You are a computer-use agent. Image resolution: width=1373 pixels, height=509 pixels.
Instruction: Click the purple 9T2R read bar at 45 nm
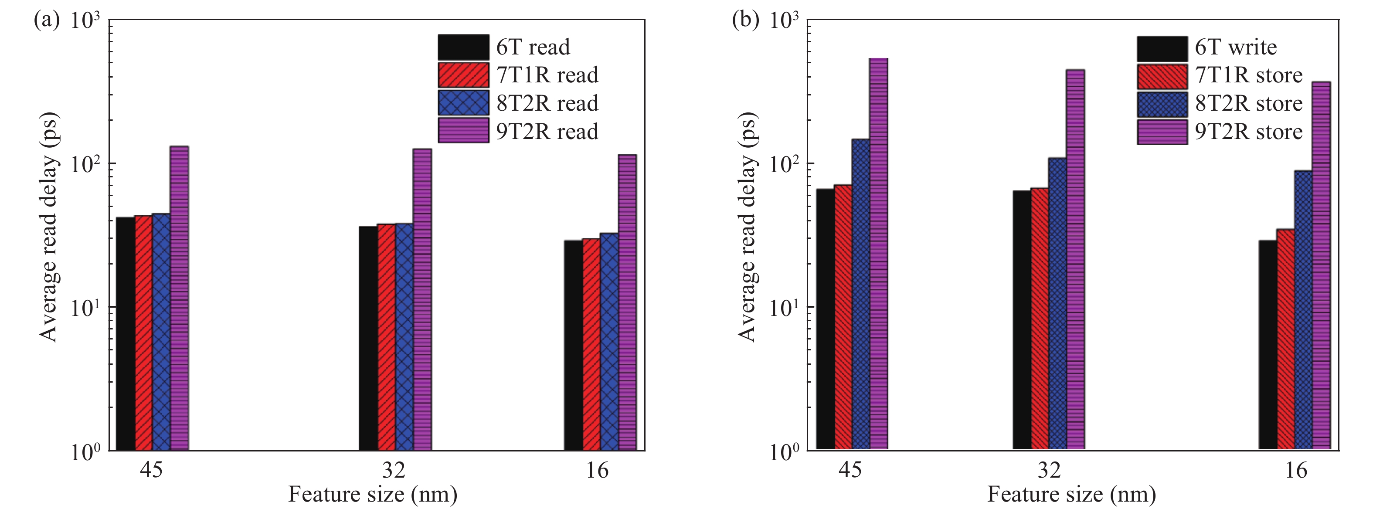[179, 299]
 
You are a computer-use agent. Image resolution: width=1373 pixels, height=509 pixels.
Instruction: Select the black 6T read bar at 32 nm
[368, 339]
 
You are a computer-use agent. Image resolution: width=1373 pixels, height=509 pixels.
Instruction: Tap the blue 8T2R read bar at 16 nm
[608, 342]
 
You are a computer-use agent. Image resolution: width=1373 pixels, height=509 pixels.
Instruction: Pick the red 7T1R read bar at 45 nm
[143, 333]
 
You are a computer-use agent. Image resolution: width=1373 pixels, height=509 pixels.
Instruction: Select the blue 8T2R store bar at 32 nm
[1057, 304]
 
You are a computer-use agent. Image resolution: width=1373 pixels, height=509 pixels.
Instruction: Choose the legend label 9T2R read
[547, 131]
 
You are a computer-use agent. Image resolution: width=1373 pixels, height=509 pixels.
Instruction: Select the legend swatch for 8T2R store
[1162, 104]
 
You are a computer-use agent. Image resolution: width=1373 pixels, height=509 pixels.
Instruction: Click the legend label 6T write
[1236, 48]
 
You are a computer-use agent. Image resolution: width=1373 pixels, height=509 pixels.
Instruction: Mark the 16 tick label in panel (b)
[1296, 470]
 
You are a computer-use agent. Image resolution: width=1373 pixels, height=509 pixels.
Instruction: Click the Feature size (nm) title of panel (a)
[373, 495]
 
